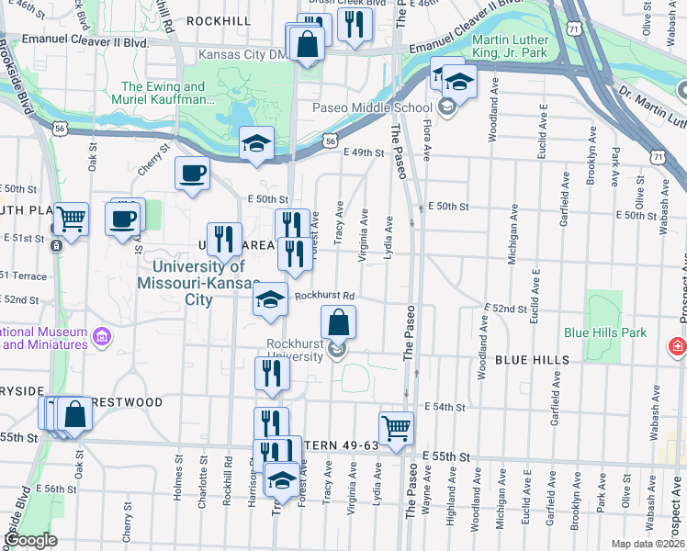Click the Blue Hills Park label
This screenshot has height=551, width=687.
pos(607,333)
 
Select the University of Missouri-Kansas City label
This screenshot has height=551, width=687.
pos(191,283)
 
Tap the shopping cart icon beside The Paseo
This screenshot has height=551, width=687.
pos(396,428)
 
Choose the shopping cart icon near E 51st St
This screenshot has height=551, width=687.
pos(71,219)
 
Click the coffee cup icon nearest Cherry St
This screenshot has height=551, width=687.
pos(192,174)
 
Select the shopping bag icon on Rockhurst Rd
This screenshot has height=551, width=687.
pos(338,322)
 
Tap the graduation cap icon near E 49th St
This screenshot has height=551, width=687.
pos(257,143)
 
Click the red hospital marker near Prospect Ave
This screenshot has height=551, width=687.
pos(678,348)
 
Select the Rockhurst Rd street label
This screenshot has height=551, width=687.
pos(324,296)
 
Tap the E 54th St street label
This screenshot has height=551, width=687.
pos(446,407)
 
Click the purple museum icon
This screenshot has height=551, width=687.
pos(102,339)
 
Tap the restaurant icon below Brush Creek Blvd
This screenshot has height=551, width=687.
pos(353,25)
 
